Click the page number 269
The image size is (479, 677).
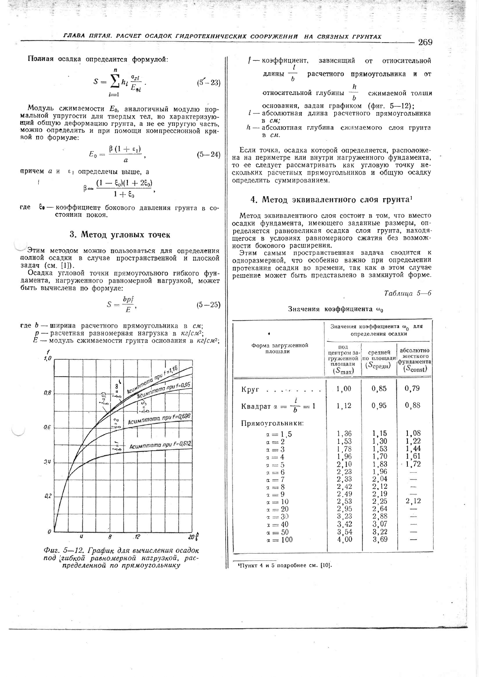click(x=425, y=42)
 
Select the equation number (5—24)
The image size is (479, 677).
click(x=209, y=154)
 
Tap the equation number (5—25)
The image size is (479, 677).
click(x=209, y=305)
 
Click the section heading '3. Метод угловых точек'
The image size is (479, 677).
click(x=120, y=234)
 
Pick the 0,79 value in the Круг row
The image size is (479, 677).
click(x=413, y=388)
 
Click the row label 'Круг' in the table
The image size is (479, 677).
click(x=250, y=390)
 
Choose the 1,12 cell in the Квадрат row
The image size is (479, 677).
click(x=344, y=406)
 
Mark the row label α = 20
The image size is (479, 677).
click(x=277, y=509)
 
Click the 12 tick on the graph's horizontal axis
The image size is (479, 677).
click(x=137, y=537)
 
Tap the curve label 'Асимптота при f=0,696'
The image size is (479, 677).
click(x=159, y=420)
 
